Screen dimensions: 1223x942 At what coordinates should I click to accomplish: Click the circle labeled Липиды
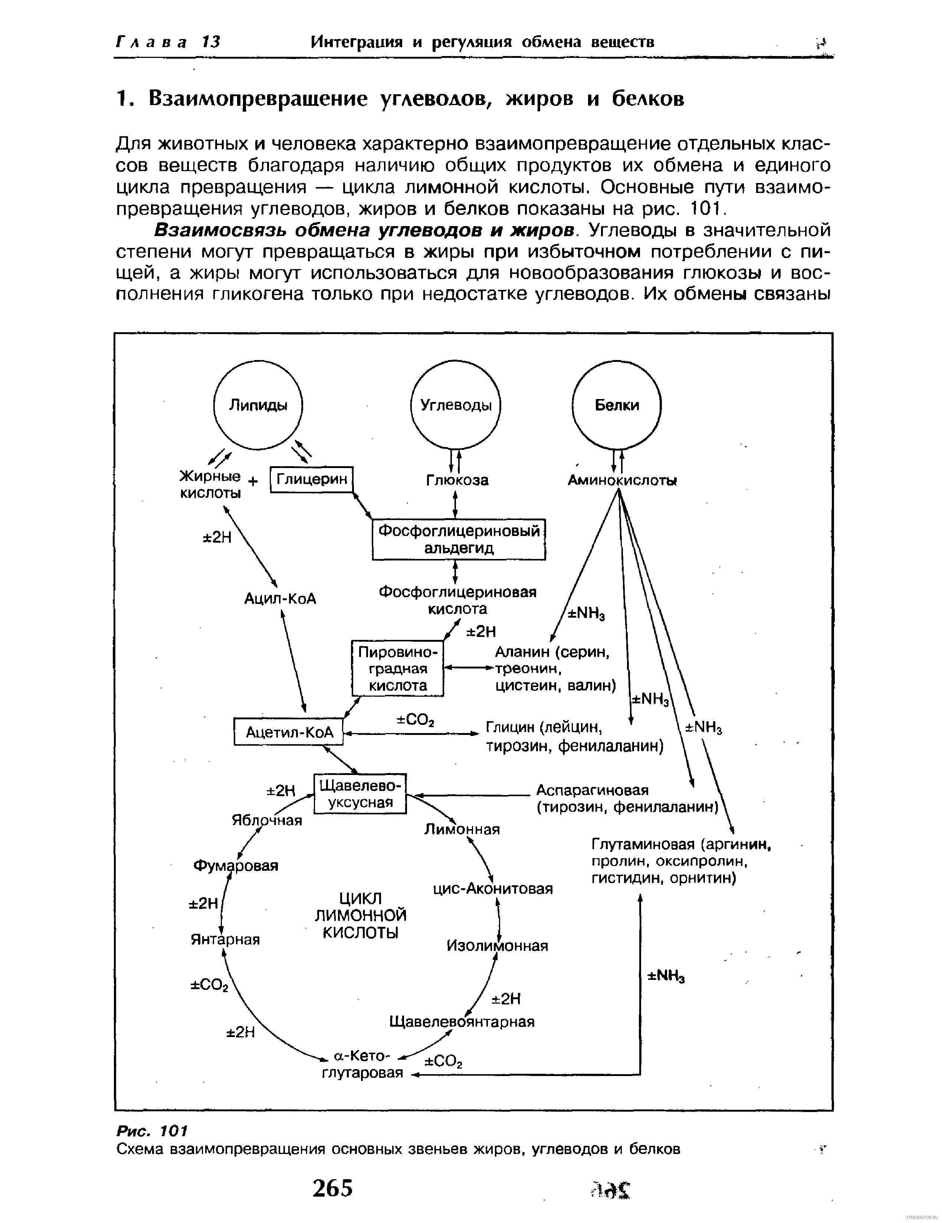pyautogui.click(x=258, y=405)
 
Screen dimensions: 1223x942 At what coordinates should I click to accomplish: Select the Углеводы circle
pyautogui.click(x=455, y=405)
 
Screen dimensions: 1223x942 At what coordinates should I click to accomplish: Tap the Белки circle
pyautogui.click(x=617, y=405)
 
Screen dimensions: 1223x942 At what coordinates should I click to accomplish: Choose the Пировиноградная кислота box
pyautogui.click(x=397, y=668)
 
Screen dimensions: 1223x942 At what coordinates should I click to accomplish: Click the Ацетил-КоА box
pyautogui.click(x=289, y=732)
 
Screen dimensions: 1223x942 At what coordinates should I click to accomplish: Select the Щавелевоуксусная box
pyautogui.click(x=360, y=794)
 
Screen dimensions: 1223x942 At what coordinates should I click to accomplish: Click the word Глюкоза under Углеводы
pyautogui.click(x=457, y=480)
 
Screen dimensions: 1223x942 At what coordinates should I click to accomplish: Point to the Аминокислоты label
pyautogui.click(x=622, y=480)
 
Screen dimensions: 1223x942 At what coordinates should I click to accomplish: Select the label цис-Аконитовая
pyautogui.click(x=493, y=889)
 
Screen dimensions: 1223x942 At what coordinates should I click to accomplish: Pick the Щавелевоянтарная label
pyautogui.click(x=462, y=1022)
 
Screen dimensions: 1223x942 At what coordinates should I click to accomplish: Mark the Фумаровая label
pyautogui.click(x=236, y=866)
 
